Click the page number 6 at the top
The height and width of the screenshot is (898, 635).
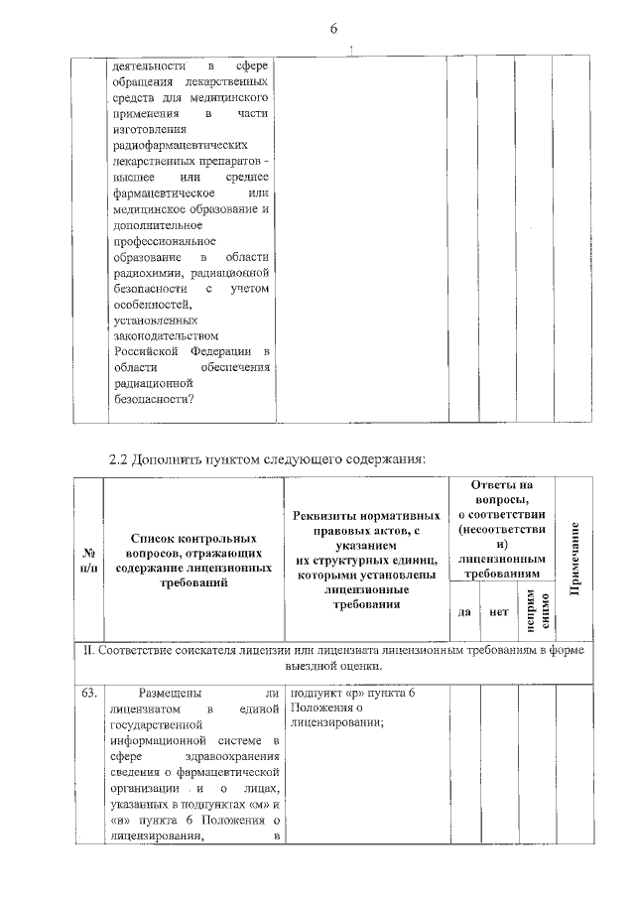(x=333, y=29)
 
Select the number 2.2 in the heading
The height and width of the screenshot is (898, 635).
(x=119, y=459)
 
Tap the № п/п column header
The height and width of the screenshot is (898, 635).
(x=88, y=559)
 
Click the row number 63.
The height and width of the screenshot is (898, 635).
(x=88, y=694)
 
